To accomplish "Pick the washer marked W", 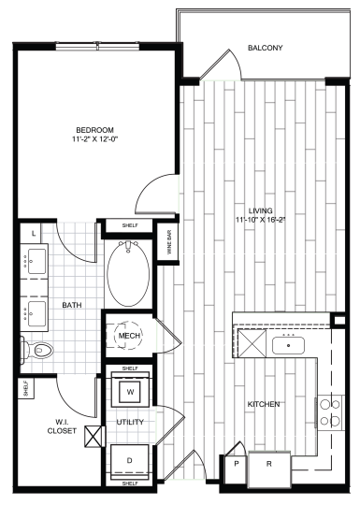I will point(131,390).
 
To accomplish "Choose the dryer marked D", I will point(130,462).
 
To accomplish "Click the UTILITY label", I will point(128,423).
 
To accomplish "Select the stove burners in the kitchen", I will point(329,412).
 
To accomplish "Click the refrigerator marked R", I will point(269,465).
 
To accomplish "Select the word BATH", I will point(73,305).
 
